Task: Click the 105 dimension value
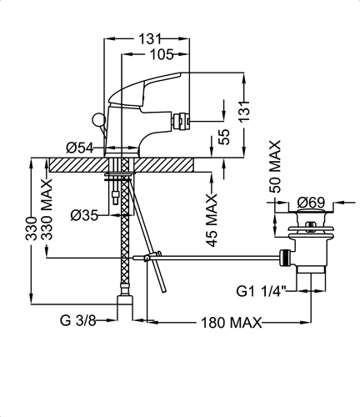162,55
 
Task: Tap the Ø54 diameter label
80,148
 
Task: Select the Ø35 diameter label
84,215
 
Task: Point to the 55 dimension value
224,137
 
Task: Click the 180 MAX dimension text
231,323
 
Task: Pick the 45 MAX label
212,220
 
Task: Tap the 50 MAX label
275,167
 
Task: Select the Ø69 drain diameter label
311,203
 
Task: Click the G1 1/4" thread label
261,291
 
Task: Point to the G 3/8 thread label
78,321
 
